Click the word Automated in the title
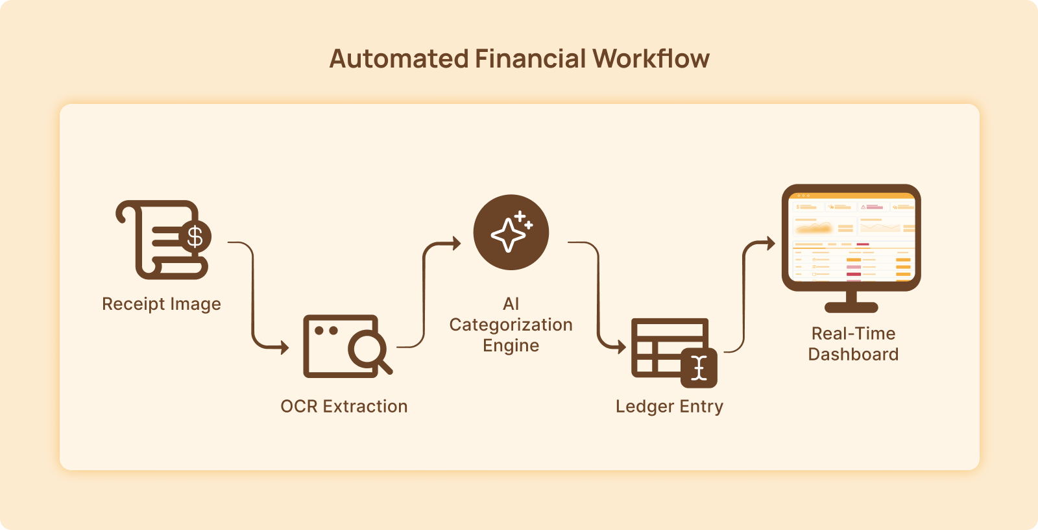398,59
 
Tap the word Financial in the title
530,59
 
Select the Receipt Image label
162,304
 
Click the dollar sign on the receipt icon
195,237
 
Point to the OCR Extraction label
344,407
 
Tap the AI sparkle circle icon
511,233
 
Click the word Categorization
511,325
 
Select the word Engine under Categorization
511,346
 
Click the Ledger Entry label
670,407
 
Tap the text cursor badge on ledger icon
699,368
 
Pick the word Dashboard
853,355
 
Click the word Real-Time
853,334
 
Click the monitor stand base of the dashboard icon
851,307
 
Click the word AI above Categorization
511,304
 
